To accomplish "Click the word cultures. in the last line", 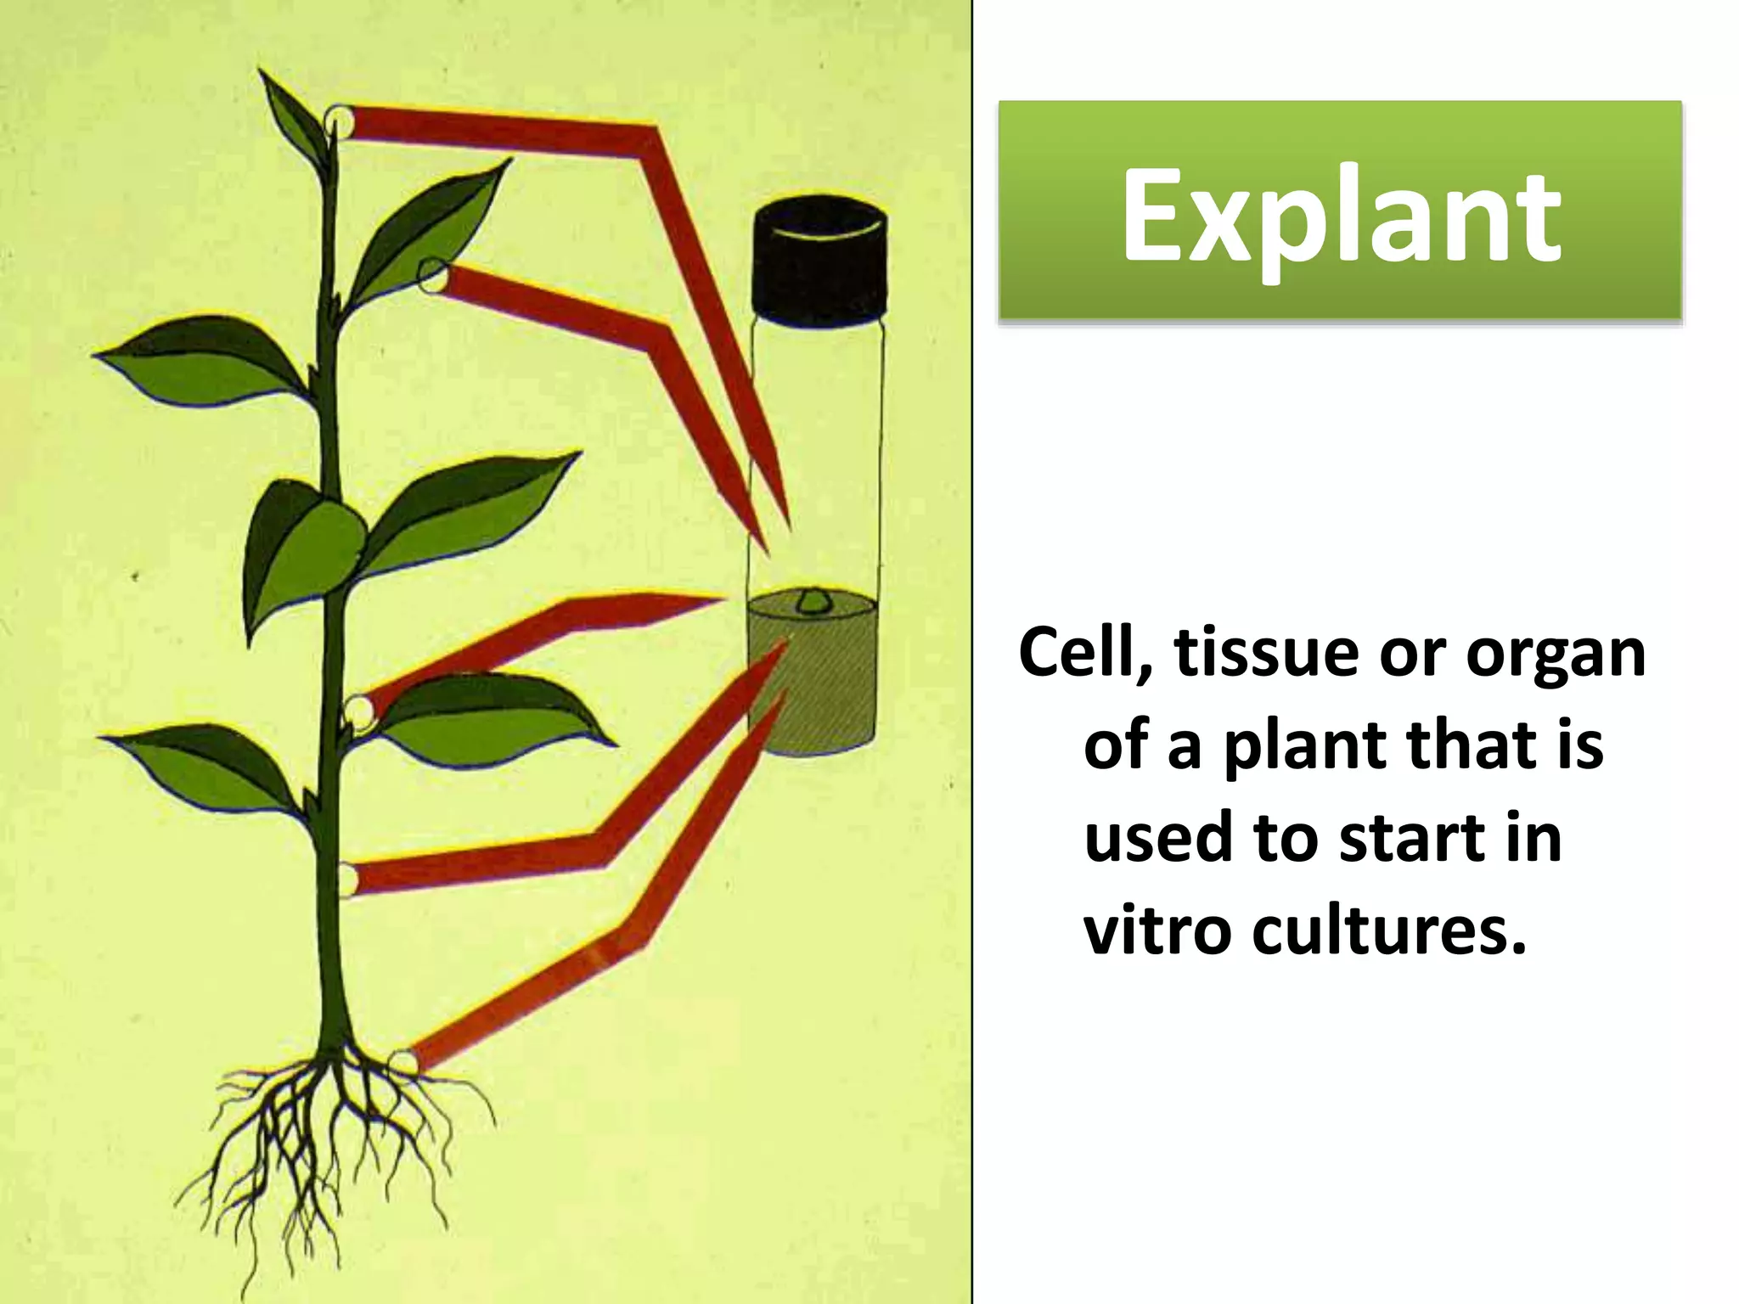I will pyautogui.click(x=1389, y=930).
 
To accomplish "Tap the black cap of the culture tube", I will pyautogui.click(x=819, y=259).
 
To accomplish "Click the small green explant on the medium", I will pyautogui.click(x=813, y=601).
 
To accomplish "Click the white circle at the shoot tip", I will pyautogui.click(x=339, y=120).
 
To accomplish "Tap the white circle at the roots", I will pyautogui.click(x=402, y=1061).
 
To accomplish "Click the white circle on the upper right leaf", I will pyautogui.click(x=433, y=275).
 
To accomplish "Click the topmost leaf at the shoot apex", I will pyautogui.click(x=293, y=115).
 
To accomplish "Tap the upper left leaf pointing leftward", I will pyautogui.click(x=200, y=361).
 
